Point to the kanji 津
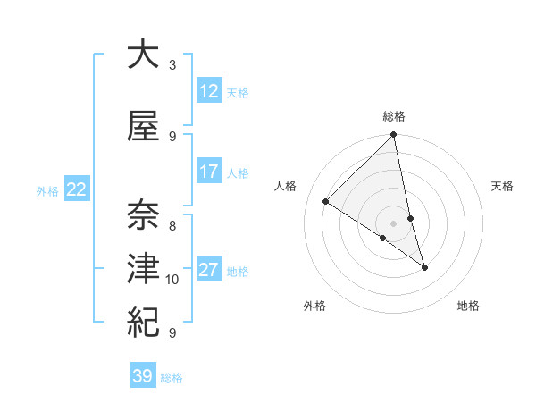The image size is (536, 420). [142, 268]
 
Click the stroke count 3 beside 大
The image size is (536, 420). [172, 65]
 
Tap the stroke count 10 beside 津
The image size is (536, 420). [172, 280]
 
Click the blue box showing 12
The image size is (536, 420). [208, 91]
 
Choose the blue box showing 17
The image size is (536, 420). [208, 172]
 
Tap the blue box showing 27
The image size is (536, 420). [208, 270]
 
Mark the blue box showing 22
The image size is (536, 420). [77, 189]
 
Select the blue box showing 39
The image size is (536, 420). [142, 376]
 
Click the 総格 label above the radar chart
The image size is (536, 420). [394, 116]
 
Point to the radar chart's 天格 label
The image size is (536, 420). [503, 186]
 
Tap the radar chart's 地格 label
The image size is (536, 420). [468, 306]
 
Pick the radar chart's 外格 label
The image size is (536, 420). [314, 306]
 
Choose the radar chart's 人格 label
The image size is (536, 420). [286, 186]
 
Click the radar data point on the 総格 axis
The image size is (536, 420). [394, 135]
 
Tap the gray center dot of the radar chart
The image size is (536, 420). [394, 223]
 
